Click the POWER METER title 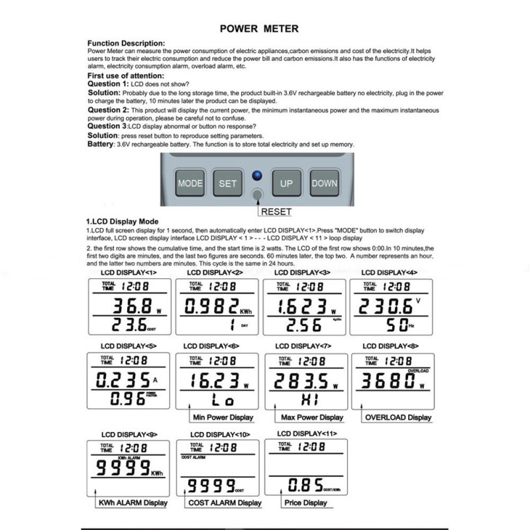259,28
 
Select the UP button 286,184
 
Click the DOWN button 324,184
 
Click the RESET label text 276,212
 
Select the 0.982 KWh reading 211,305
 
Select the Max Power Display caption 312,417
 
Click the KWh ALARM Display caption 132,503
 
